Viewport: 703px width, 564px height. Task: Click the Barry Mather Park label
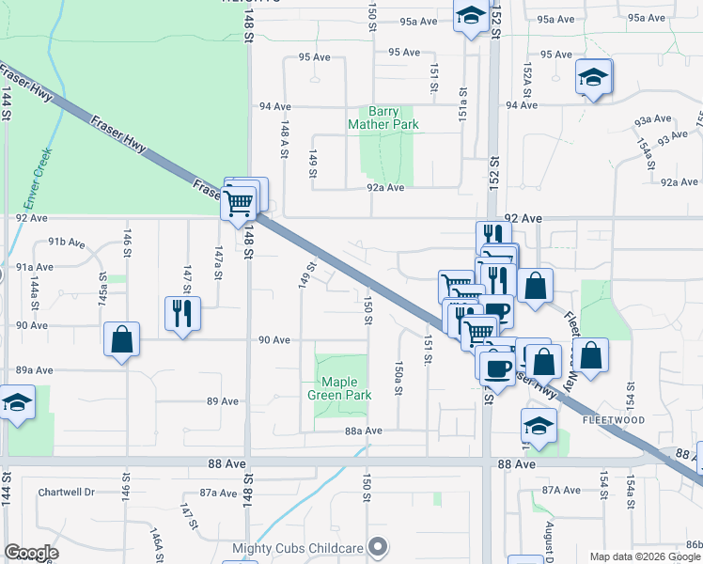[383, 117]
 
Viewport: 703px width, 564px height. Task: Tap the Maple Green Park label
[339, 388]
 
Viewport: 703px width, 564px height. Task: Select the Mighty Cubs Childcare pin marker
[378, 545]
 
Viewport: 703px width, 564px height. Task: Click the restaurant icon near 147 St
[181, 313]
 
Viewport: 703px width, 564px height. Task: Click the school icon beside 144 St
[17, 405]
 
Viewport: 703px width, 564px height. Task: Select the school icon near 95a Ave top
[470, 16]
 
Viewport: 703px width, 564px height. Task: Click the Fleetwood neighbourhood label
[613, 419]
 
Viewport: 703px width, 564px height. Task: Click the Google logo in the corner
[31, 552]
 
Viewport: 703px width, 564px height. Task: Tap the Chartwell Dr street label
[67, 493]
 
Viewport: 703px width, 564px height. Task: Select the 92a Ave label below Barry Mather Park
[385, 187]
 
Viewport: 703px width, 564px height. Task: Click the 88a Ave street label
[364, 431]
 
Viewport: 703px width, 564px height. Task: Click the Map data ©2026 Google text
[646, 556]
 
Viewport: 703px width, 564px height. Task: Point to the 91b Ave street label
[66, 243]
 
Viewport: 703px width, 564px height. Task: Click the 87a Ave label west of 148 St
[218, 493]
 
